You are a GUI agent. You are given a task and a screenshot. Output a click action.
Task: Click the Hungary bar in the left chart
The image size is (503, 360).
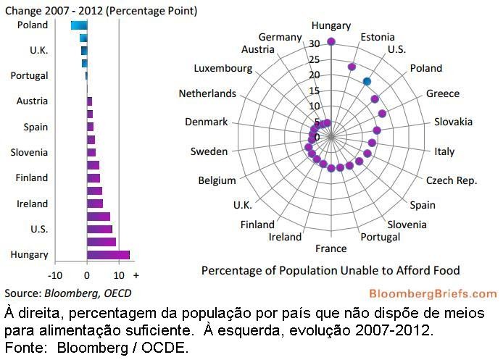tap(108, 255)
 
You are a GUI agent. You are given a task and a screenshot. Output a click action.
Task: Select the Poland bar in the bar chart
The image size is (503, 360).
tap(79, 25)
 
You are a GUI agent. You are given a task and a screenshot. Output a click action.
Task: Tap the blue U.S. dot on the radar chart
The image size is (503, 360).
tap(367, 82)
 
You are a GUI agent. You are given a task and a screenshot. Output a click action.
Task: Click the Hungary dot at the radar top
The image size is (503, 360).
tap(331, 42)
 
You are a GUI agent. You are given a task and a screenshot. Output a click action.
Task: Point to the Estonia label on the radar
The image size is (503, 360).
tap(378, 36)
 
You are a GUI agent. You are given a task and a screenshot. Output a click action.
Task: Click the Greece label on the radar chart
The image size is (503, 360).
tap(442, 93)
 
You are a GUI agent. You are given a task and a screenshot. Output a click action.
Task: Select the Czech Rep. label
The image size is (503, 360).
tap(451, 180)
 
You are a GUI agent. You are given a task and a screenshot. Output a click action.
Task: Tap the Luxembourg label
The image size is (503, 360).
tap(223, 68)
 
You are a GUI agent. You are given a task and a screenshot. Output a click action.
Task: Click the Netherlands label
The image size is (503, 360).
tap(207, 93)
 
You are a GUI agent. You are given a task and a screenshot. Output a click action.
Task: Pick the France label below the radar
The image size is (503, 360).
tap(331, 248)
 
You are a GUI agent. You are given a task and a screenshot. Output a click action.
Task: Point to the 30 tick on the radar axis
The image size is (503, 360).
tap(314, 43)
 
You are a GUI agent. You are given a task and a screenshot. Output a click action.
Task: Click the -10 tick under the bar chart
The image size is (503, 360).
tap(55, 275)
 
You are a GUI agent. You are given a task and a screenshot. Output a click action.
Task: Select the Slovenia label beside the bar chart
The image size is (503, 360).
tap(29, 152)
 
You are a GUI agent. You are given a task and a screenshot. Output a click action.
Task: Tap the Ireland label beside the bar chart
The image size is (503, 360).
tap(32, 204)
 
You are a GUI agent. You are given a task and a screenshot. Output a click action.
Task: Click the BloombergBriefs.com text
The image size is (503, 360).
tap(433, 293)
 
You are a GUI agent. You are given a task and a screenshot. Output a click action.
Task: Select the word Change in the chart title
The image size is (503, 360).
tap(22, 11)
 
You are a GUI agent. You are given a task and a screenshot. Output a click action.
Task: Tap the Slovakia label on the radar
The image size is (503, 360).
tap(454, 122)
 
